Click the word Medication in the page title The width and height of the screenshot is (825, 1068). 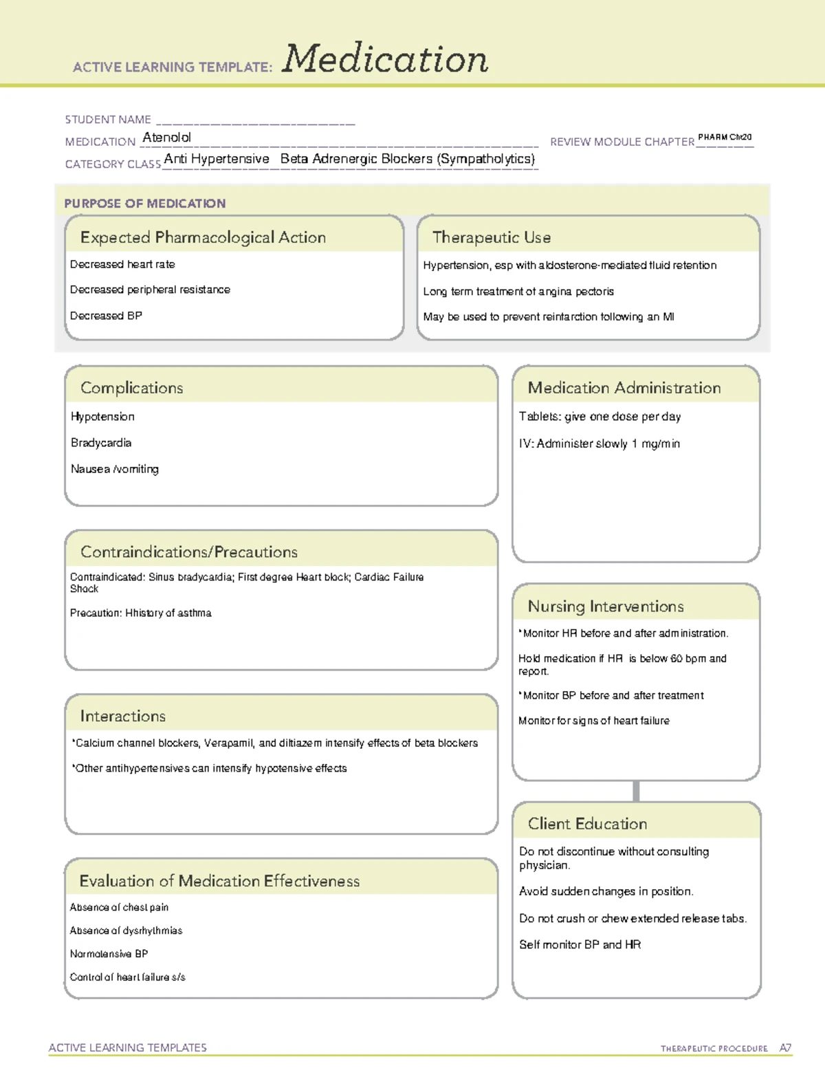[385, 59]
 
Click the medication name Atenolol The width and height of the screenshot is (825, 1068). [166, 138]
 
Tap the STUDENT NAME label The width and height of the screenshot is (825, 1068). [108, 120]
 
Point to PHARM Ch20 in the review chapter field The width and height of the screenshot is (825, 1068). [725, 138]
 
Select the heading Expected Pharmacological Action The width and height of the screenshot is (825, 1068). [203, 237]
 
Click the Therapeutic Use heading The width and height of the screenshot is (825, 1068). [492, 237]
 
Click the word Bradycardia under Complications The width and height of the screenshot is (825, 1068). [101, 443]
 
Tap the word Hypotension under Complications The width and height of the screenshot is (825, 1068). [102, 417]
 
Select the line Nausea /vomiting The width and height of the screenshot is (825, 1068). [115, 469]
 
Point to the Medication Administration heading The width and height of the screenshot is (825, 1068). [624, 388]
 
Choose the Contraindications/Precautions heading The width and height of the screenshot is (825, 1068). [189, 552]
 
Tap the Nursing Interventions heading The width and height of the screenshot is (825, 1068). [606, 607]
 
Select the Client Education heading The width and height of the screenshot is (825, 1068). [587, 824]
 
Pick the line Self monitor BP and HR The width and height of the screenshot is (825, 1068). [580, 945]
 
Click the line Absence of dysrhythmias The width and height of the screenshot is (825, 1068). [126, 930]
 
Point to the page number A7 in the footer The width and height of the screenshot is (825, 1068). [785, 1048]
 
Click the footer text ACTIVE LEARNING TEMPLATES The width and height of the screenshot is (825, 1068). [128, 1047]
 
